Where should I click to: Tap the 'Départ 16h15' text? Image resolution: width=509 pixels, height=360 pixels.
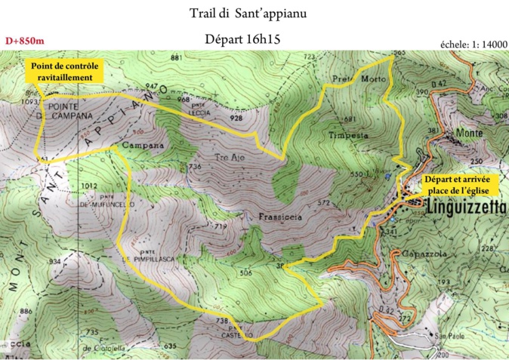click(x=242, y=39)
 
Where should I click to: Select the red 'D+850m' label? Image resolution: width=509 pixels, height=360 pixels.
click(x=24, y=41)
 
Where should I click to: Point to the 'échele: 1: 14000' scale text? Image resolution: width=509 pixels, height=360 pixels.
click(x=473, y=45)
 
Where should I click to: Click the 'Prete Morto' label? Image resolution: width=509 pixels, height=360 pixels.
click(x=359, y=78)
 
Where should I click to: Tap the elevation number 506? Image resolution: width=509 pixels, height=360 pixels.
click(x=245, y=272)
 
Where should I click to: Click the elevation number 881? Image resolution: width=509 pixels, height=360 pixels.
click(x=177, y=58)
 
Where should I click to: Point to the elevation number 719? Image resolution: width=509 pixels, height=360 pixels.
click(x=221, y=226)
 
